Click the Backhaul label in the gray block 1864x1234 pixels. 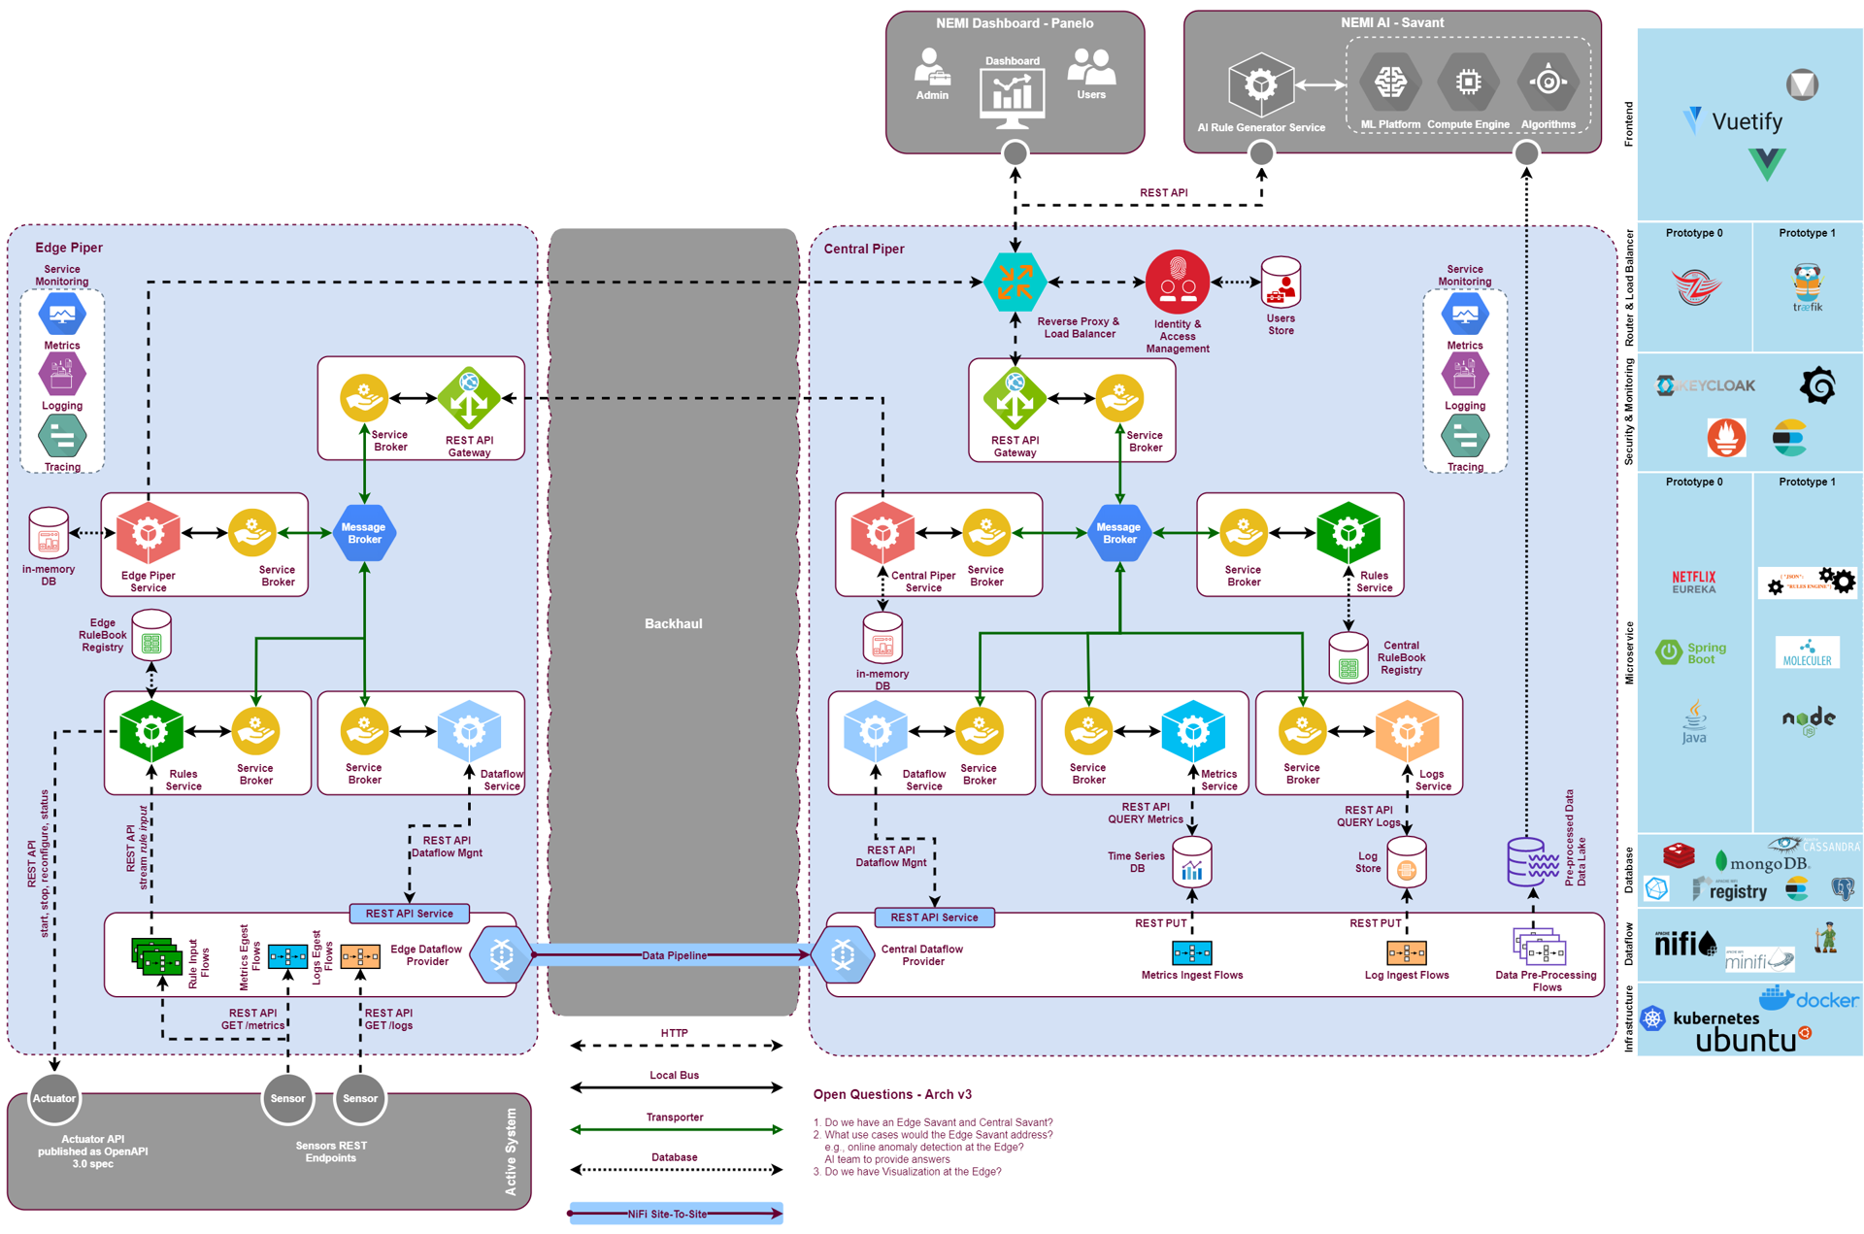(x=673, y=623)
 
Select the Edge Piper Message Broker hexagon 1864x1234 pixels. (x=364, y=533)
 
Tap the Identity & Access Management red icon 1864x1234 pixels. (x=1177, y=283)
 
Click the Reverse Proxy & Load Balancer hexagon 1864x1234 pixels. (x=1015, y=283)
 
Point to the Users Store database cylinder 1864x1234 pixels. (x=1281, y=283)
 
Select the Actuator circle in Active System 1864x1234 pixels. (x=54, y=1098)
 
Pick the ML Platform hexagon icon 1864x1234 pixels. (x=1389, y=83)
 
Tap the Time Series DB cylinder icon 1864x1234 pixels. (x=1192, y=862)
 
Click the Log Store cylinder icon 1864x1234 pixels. (x=1406, y=862)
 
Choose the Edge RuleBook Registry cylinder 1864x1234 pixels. (x=151, y=635)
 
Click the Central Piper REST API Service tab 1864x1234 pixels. (x=934, y=917)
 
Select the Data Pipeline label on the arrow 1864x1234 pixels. (x=674, y=955)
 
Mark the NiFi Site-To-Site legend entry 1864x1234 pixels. (x=676, y=1214)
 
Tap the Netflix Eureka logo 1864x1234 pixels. (x=1694, y=582)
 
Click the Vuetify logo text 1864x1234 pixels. (x=1746, y=122)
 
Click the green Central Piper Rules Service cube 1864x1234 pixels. (x=1348, y=533)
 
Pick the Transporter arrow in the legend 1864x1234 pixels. (x=676, y=1129)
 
